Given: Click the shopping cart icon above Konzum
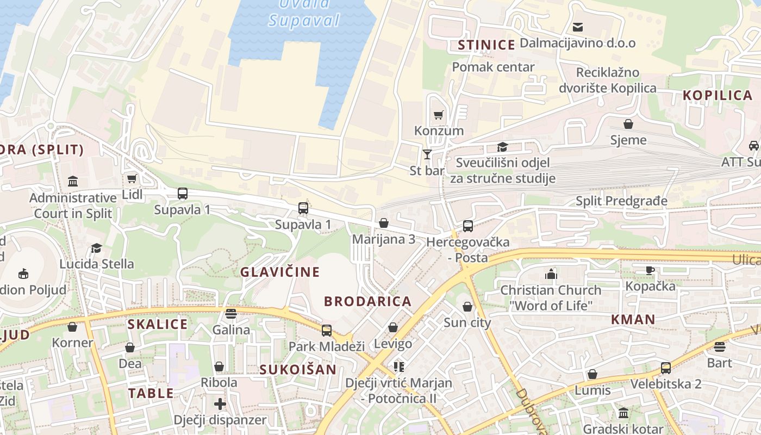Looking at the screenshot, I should coord(438,115).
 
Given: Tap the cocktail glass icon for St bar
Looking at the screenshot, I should coord(427,154).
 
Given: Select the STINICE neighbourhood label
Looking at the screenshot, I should coord(486,45).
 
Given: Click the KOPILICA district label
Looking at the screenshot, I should coord(718,96).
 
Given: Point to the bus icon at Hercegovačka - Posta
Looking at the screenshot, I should coord(467,226).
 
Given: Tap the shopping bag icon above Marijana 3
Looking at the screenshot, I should coord(384,223).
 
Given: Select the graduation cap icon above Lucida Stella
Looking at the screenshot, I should coord(96,248).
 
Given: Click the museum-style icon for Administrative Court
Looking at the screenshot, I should coord(73,181).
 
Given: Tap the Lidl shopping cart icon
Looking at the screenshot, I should coord(132,178).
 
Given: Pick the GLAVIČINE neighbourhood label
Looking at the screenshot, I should coord(280,272).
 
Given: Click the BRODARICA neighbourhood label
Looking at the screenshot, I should coord(367,301).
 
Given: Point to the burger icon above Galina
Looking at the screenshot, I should coord(231,314).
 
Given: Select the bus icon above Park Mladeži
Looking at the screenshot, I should coord(326,330).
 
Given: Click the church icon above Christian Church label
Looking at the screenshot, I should coord(551,274).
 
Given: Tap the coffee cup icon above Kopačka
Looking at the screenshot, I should coord(650,270).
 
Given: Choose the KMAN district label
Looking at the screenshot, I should coord(633,320).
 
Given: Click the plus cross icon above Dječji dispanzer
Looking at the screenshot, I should coord(220,404).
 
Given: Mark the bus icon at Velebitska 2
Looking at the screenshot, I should coord(666,368).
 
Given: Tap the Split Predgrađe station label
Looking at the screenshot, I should coord(621,201).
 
